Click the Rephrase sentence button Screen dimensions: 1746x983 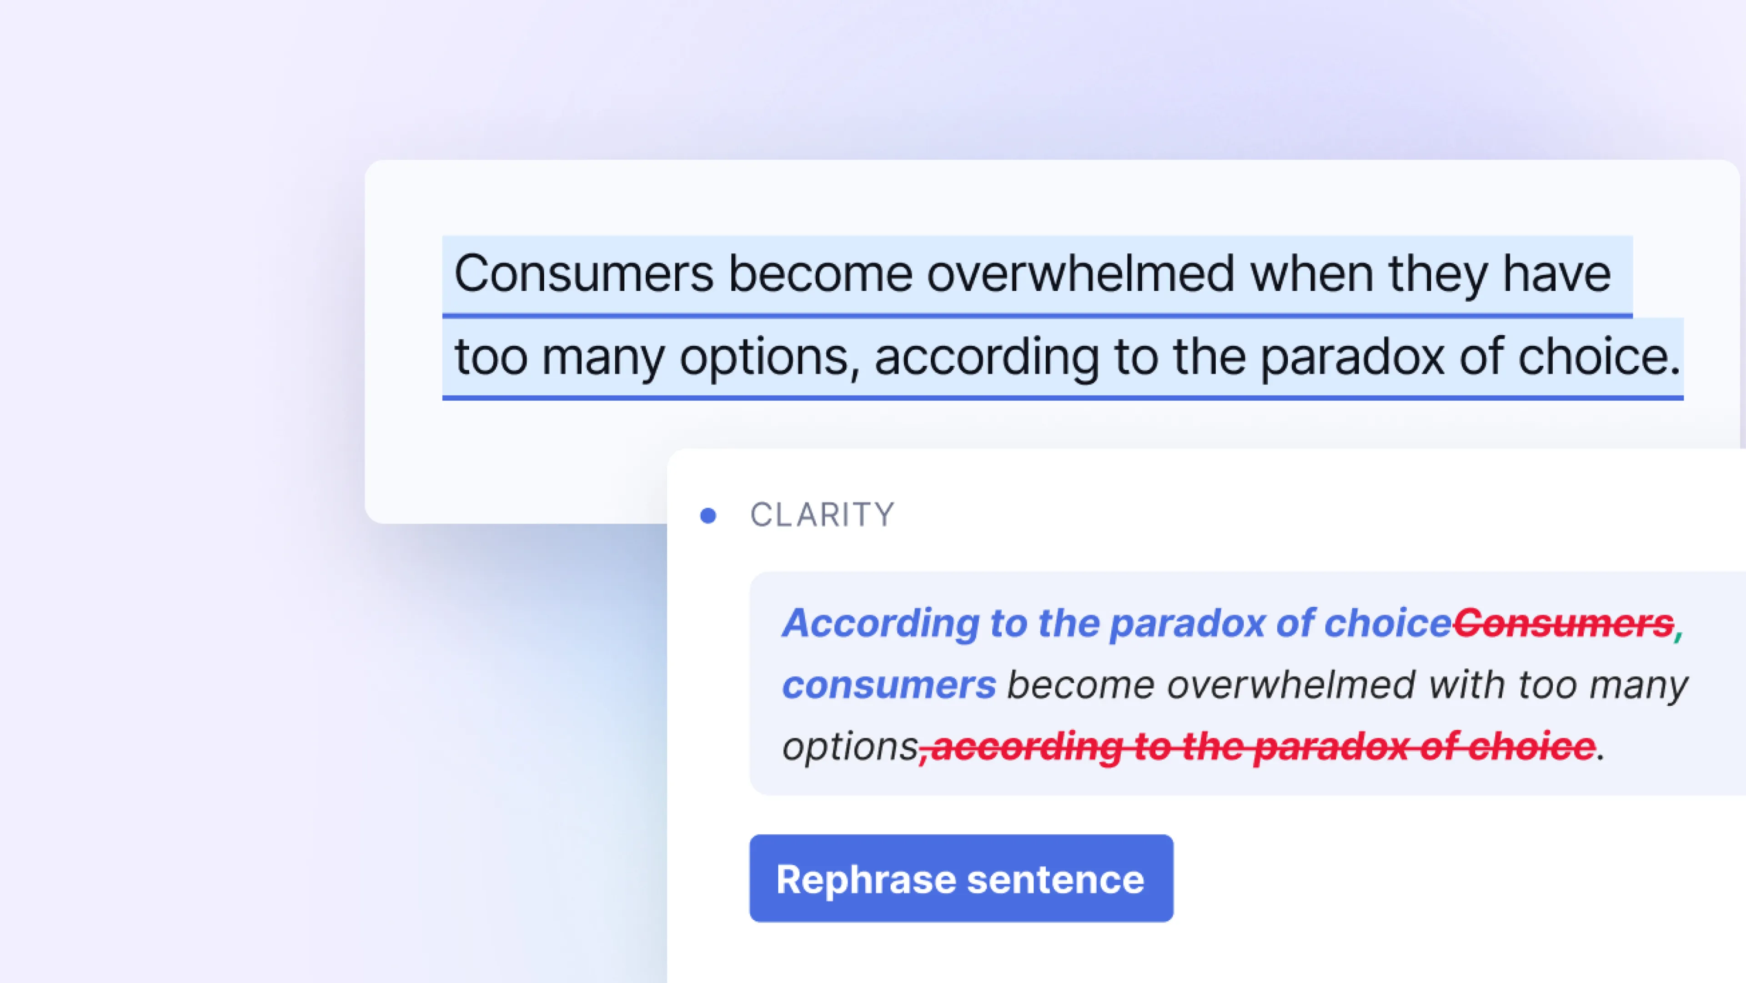[961, 878]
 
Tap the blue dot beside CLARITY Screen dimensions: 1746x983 [708, 516]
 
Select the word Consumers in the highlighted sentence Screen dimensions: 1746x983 [583, 273]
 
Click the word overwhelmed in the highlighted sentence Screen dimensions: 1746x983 [1080, 273]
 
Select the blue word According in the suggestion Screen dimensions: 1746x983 [880, 624]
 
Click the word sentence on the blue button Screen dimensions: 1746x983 [1056, 880]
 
